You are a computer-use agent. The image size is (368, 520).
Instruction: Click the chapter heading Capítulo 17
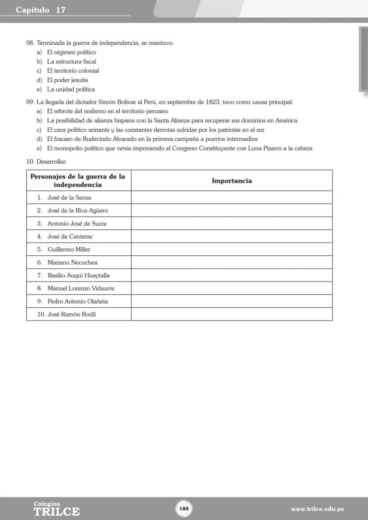[40, 10]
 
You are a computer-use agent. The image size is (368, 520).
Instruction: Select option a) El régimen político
[71, 52]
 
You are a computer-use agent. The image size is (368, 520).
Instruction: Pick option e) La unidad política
[71, 89]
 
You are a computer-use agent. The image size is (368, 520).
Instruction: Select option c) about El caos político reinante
[156, 130]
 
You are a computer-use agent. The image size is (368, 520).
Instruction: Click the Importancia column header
[232, 181]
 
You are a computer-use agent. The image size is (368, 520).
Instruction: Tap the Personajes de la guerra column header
[78, 180]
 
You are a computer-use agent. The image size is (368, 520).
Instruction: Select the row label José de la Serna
[69, 198]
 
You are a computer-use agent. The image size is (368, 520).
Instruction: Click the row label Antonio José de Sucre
[77, 223]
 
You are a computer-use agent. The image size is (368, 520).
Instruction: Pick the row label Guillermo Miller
[68, 250]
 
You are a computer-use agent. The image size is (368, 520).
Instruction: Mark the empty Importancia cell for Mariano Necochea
[232, 262]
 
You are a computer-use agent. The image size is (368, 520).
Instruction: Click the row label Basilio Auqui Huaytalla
[78, 275]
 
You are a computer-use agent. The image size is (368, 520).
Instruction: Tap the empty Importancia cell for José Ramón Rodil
[232, 314]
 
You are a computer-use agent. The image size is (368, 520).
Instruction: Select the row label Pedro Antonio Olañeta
[77, 302]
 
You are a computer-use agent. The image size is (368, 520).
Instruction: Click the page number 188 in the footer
[184, 508]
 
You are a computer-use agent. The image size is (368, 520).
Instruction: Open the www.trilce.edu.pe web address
[317, 509]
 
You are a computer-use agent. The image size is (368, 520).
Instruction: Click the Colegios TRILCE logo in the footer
[56, 509]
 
